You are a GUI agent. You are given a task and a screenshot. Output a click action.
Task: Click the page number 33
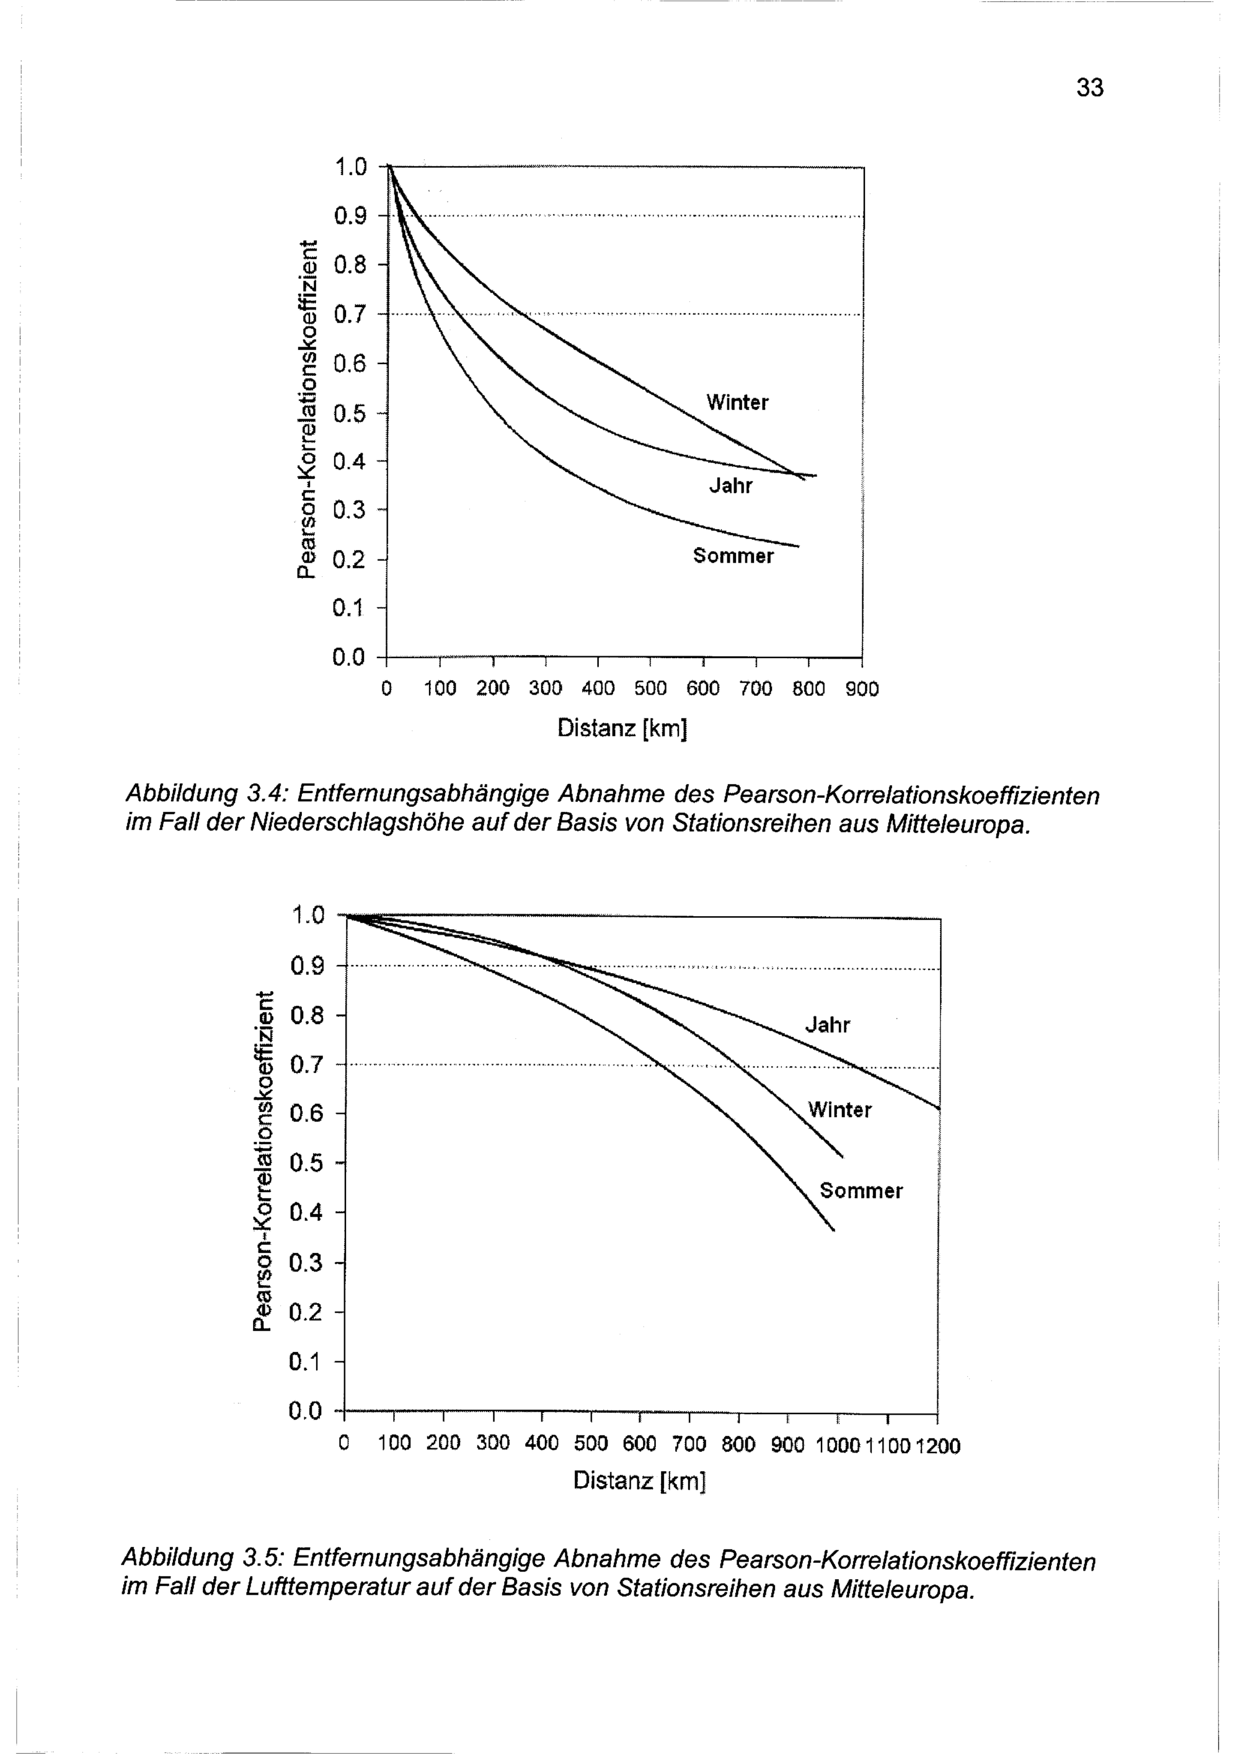1089,89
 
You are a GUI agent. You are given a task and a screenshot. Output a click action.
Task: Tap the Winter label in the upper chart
737,403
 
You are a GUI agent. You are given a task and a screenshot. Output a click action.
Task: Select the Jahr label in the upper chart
731,486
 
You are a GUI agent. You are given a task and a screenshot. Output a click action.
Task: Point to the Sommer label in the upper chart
733,556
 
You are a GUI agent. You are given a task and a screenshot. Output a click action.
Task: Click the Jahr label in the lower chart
827,1025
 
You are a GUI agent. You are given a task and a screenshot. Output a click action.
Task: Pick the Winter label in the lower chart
839,1110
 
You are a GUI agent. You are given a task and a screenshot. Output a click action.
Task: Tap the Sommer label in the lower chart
861,1191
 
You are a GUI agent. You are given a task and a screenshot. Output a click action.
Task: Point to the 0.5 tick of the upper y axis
350,413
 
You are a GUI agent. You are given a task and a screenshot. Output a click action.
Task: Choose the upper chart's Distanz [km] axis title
622,728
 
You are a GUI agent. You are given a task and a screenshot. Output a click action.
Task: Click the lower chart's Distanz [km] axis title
639,1480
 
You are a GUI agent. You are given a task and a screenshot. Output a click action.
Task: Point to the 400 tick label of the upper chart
598,689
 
